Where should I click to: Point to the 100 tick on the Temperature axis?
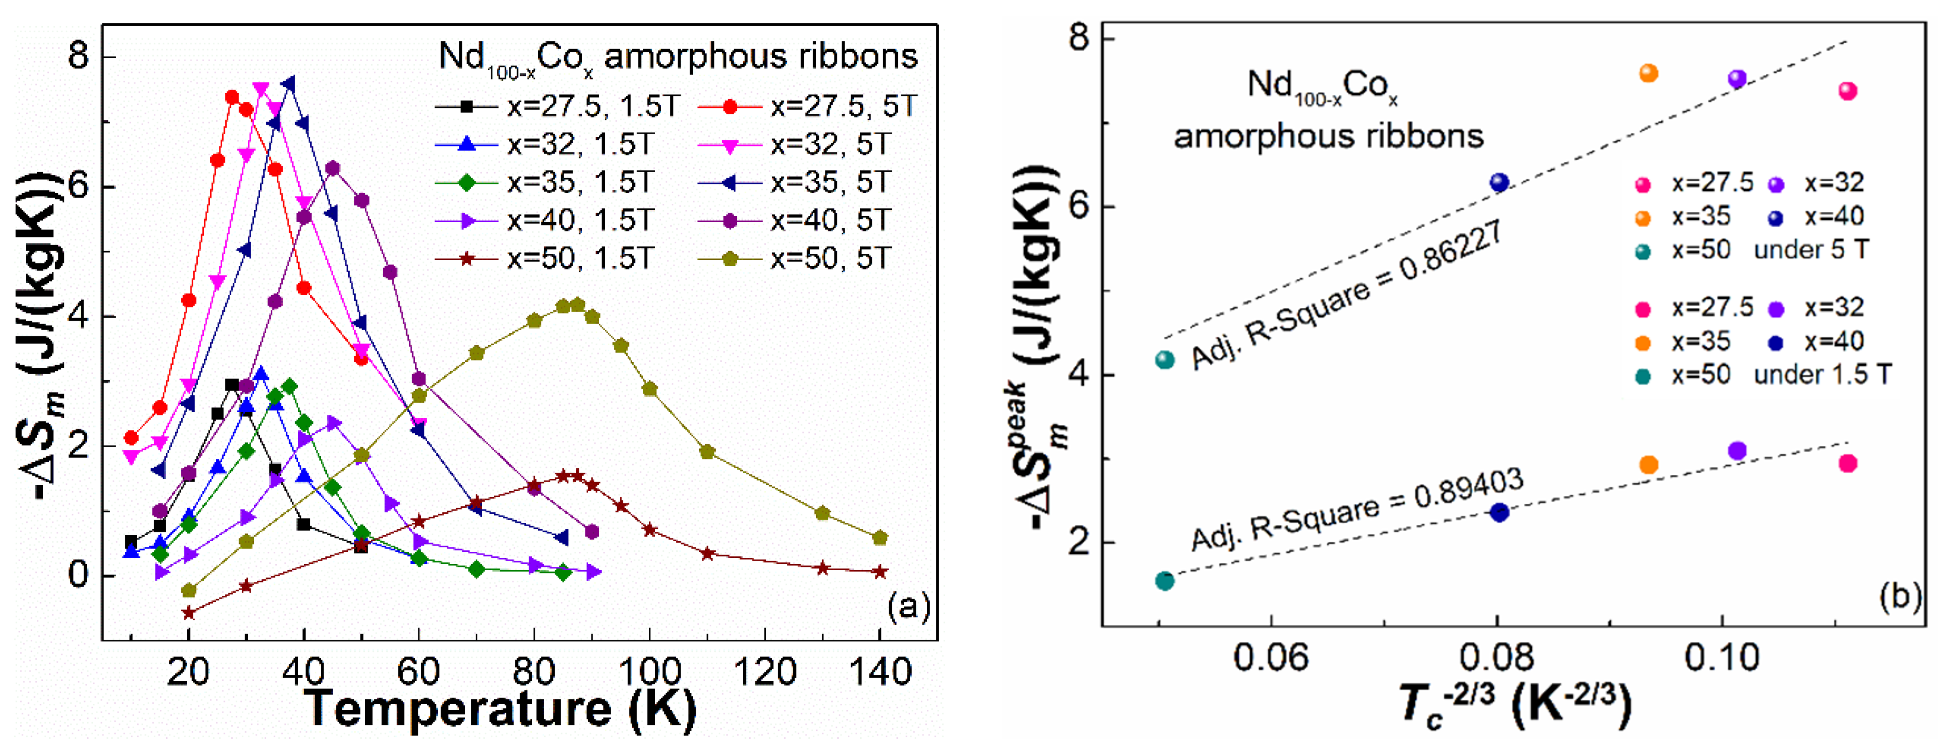coord(649,671)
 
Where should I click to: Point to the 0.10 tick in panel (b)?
coord(1721,656)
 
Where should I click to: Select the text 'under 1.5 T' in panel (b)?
coord(1822,375)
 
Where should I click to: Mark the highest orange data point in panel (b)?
coord(1648,73)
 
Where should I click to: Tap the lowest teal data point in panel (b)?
coord(1164,581)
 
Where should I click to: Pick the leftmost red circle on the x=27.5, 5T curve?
coord(131,438)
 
